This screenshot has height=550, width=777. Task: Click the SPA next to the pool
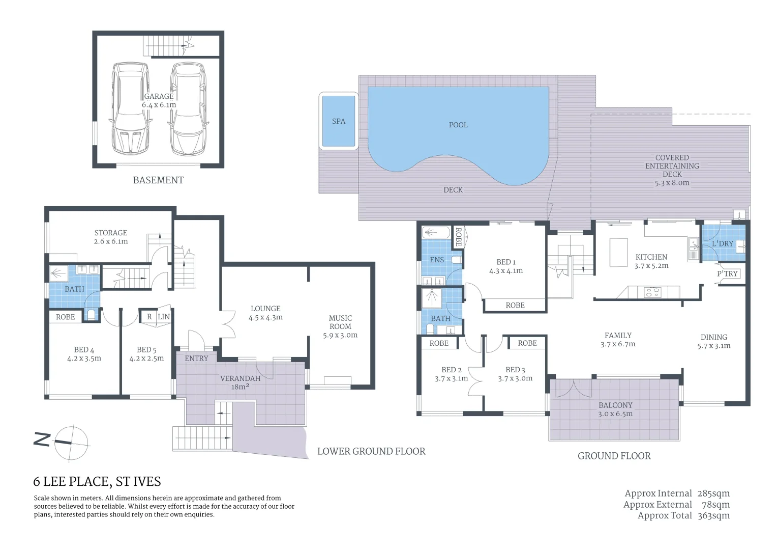tap(339, 121)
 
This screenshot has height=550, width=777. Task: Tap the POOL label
tap(458, 125)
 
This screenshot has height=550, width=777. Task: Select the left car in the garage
tap(130, 108)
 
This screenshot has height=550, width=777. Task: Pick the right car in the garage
tap(188, 108)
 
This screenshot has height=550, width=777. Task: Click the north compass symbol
tap(71, 442)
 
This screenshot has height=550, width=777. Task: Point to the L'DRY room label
tap(723, 243)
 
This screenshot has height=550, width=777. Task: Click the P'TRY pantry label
tap(727, 273)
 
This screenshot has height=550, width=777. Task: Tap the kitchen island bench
tap(618, 252)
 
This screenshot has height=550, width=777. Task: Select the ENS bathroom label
tap(437, 260)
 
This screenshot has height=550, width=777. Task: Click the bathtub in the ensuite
tap(436, 233)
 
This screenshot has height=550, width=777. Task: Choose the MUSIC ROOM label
tap(340, 322)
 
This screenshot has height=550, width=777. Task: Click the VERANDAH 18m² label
tap(240, 382)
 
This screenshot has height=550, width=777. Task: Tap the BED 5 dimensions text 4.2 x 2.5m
tap(146, 358)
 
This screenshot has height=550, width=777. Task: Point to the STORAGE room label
tap(111, 233)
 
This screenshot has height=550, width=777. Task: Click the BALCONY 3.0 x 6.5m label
tap(615, 409)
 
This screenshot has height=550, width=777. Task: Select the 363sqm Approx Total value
tap(713, 515)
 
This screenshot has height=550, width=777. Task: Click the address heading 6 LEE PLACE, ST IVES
tap(97, 481)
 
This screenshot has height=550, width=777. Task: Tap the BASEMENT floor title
tap(158, 180)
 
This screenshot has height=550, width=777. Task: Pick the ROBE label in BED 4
tap(66, 317)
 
